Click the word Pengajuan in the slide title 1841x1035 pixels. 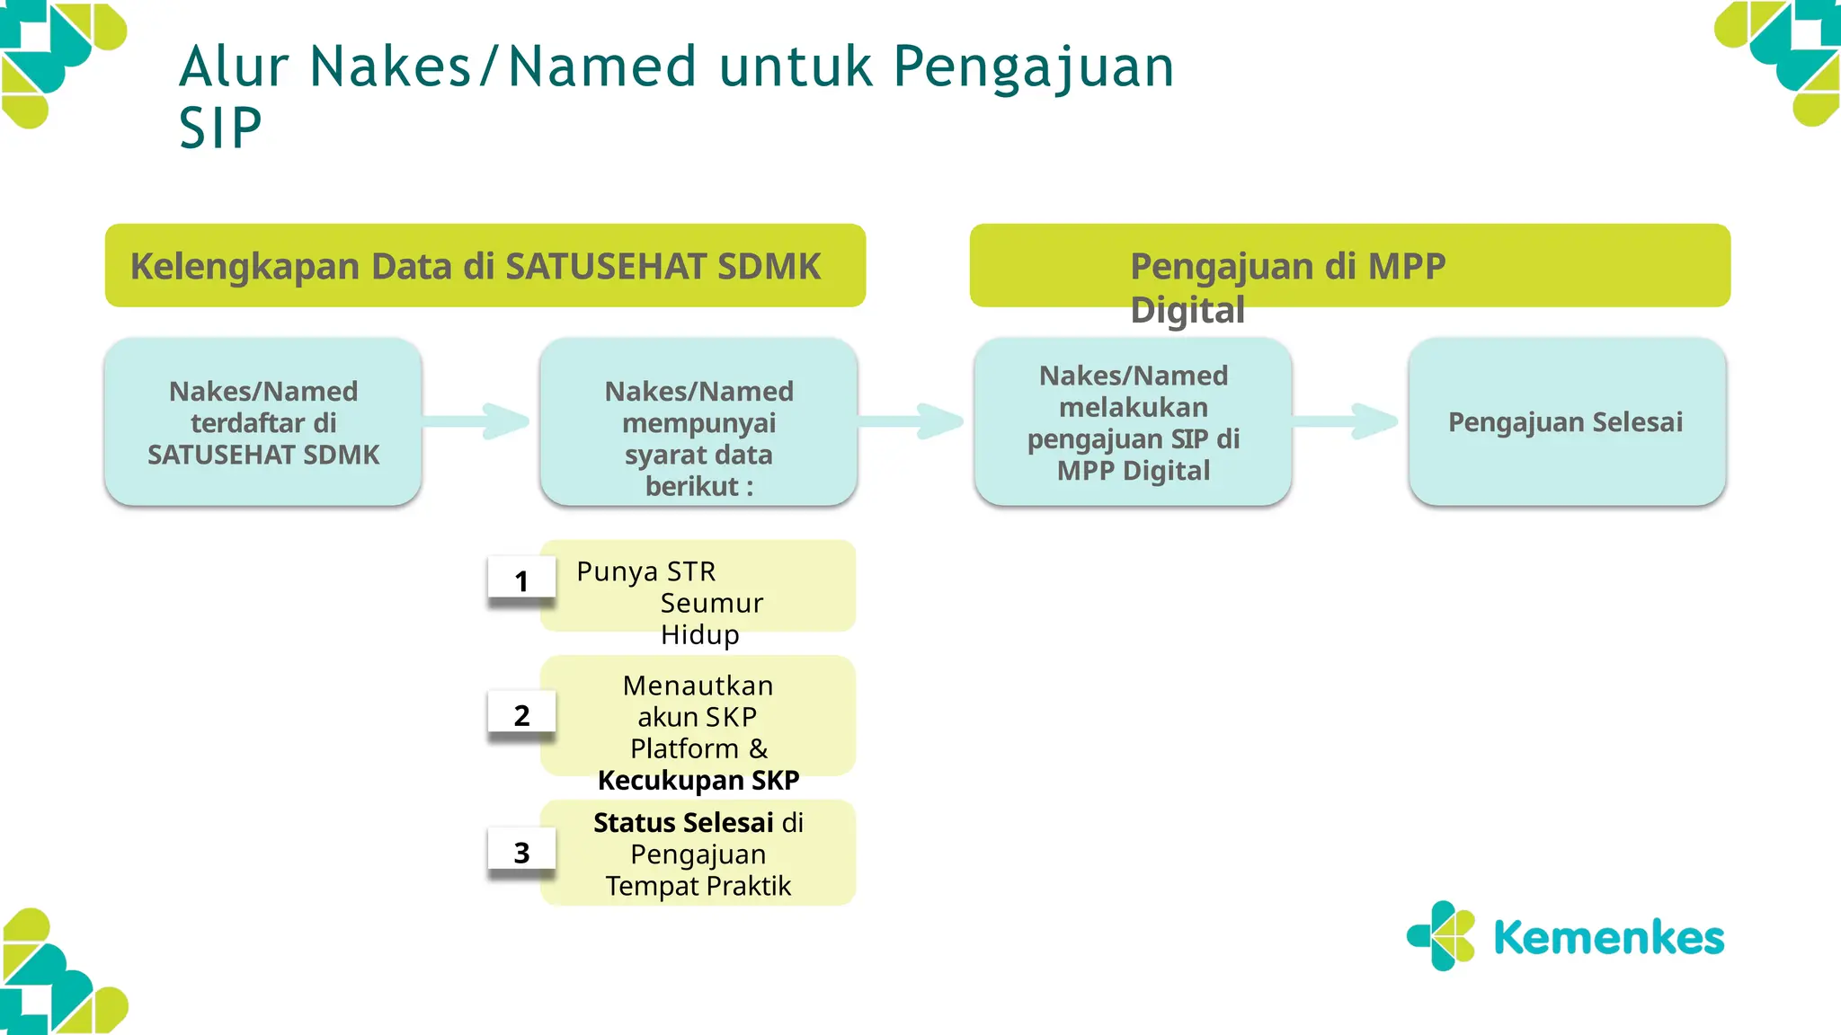coord(1034,67)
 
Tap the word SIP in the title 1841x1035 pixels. coord(220,128)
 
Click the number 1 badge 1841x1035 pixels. coord(521,581)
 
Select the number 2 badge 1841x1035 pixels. coord(521,715)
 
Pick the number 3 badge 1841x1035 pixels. coord(521,853)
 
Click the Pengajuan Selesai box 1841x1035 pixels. coord(1566,422)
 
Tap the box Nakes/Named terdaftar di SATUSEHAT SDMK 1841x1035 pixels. coord(263,422)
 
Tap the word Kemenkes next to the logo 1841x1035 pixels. coord(1608,938)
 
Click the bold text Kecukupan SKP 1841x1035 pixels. coord(698,780)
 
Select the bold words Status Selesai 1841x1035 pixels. coord(683,822)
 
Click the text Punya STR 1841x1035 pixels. coord(645,571)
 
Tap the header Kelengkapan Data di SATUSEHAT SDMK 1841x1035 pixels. coord(476,266)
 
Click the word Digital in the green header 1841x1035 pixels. coord(1187,310)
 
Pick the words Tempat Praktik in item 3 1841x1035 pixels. coord(698,886)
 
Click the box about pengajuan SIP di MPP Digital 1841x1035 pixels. coord(1133,422)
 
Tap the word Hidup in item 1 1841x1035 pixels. coord(699,634)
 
